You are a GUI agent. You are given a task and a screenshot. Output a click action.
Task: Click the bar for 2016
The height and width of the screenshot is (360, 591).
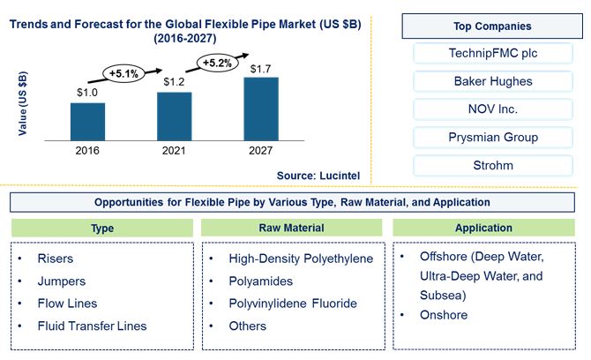pos(87,122)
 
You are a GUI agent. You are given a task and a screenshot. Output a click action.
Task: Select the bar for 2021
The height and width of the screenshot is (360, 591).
pos(174,116)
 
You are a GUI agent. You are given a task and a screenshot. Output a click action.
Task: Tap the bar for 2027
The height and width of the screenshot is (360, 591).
pos(261,109)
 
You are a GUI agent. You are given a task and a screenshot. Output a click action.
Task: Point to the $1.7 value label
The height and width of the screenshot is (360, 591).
pos(260,69)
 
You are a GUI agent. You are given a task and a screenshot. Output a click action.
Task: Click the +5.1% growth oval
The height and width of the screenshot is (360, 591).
pos(123,73)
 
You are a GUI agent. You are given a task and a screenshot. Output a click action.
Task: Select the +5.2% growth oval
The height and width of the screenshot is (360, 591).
pos(217,63)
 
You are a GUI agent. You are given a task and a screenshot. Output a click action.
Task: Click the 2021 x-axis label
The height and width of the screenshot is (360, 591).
pos(174,150)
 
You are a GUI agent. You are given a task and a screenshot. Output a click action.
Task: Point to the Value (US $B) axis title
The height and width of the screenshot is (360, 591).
pos(23,103)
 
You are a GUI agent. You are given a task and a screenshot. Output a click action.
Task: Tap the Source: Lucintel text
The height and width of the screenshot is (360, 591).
pos(318,176)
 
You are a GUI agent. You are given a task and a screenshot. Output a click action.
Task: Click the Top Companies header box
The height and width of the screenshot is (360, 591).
pos(492,26)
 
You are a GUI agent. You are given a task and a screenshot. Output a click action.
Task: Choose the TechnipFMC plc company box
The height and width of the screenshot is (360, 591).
pos(493,53)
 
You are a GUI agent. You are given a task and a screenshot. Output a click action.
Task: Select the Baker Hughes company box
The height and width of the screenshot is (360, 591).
pos(493,81)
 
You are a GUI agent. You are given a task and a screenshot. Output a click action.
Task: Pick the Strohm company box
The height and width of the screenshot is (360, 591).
pos(493,165)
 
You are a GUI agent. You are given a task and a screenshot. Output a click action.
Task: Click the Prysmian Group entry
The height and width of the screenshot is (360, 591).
pos(493,138)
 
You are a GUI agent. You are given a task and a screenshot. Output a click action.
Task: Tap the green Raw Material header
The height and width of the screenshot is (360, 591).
pos(291,228)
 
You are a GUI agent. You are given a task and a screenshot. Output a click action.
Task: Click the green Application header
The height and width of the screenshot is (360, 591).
pos(483,228)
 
